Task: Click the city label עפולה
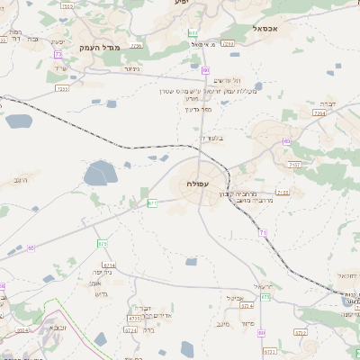tap(200, 184)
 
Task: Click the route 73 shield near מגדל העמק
tap(58, 55)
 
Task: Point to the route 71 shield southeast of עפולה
tap(264, 233)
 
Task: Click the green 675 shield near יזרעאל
tap(265, 297)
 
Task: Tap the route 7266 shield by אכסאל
tap(228, 42)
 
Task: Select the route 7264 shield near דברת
tap(319, 114)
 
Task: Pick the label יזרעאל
tap(269, 286)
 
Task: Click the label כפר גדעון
tap(199, 109)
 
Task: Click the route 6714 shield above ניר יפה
tap(110, 265)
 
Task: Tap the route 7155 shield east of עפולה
tap(283, 193)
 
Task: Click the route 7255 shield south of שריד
tap(62, 89)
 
